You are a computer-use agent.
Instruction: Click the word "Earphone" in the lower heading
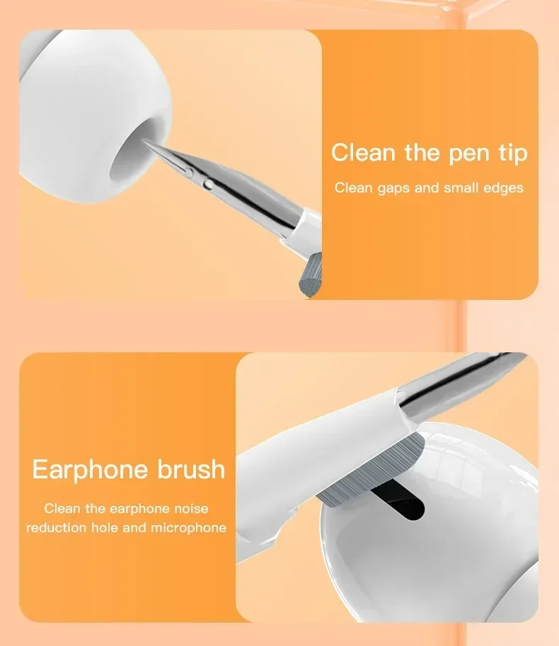(91, 470)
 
